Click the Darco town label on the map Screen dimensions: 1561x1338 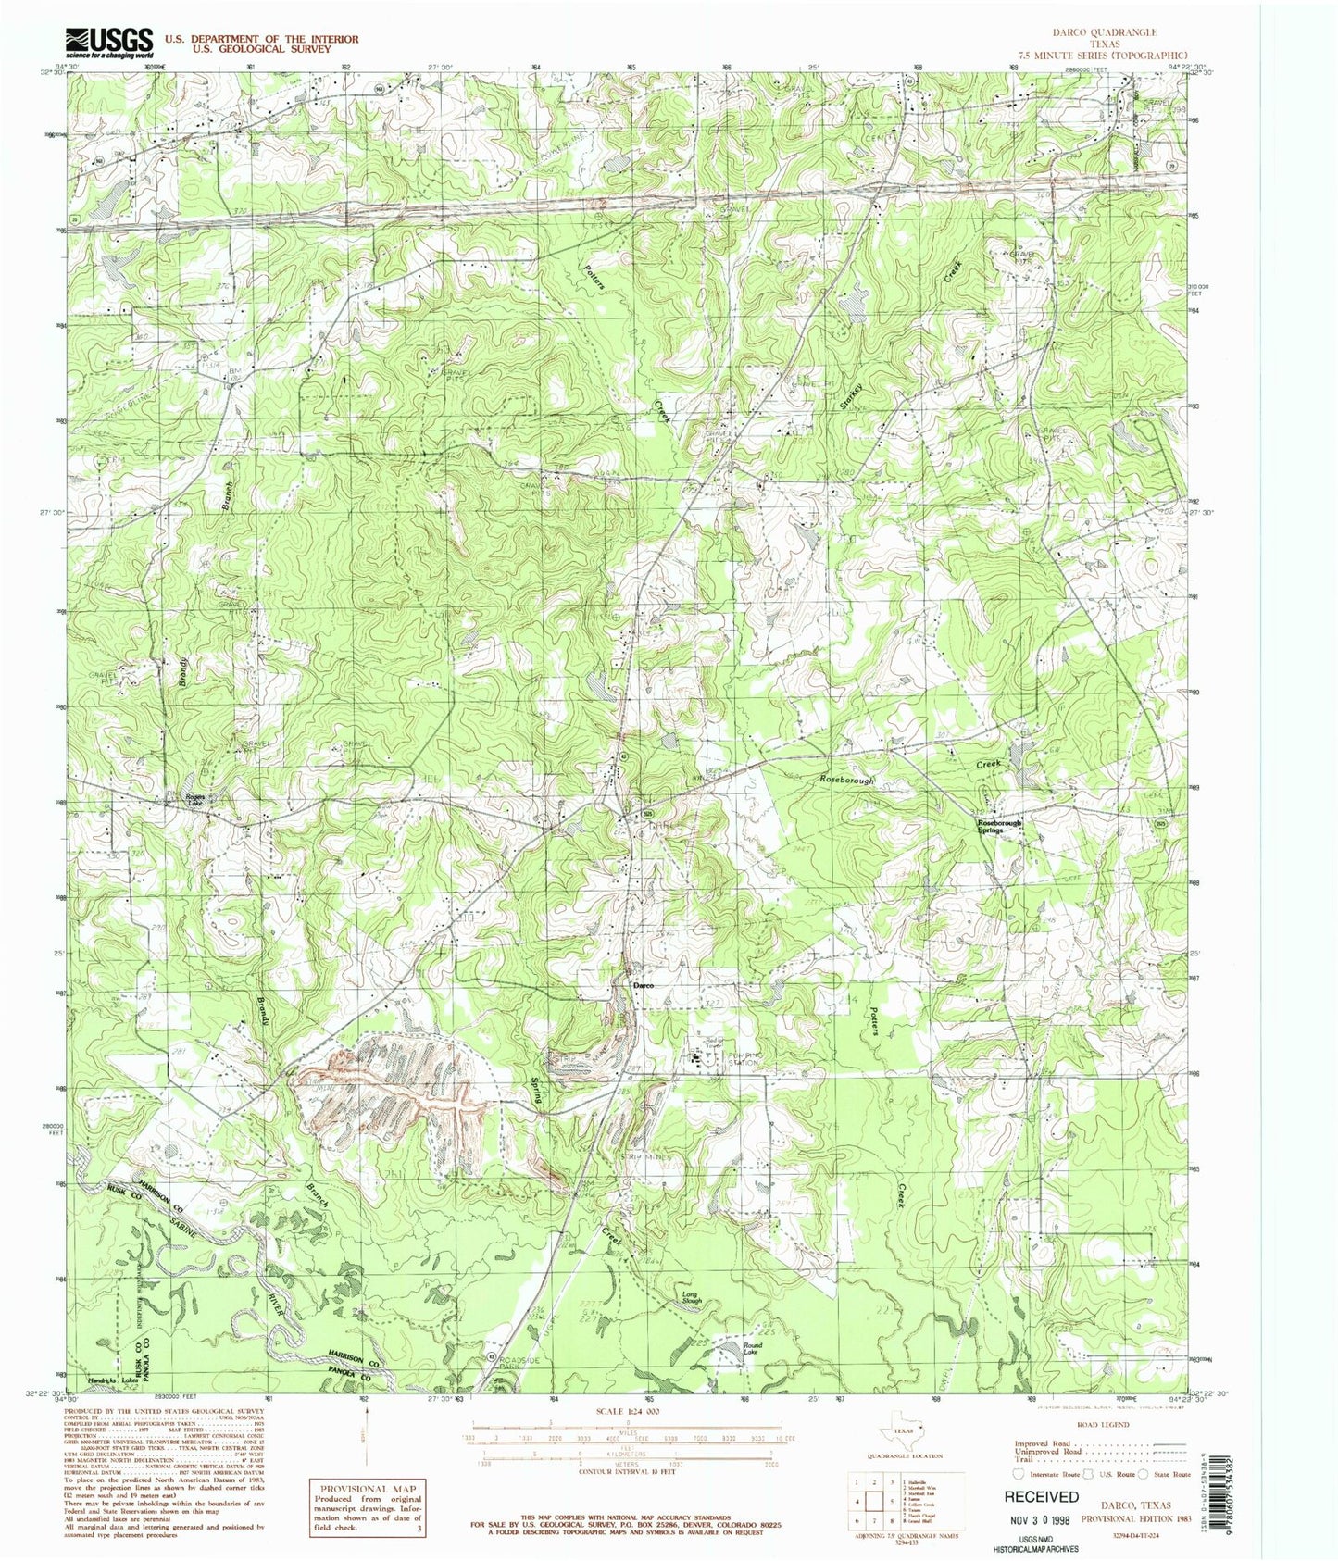click(x=643, y=985)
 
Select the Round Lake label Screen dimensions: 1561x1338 click(x=753, y=1348)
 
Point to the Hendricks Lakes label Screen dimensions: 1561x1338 click(x=109, y=1380)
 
